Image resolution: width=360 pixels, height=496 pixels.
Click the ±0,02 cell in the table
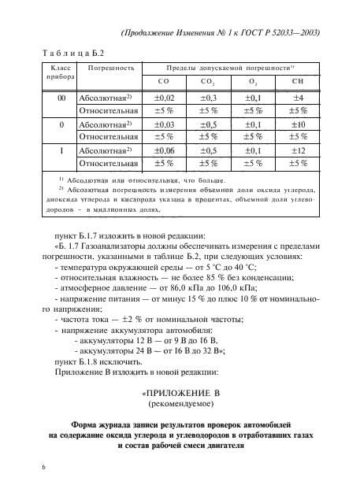click(x=163, y=98)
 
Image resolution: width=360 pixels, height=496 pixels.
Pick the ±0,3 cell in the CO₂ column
click(x=209, y=98)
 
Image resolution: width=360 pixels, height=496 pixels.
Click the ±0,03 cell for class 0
click(x=163, y=124)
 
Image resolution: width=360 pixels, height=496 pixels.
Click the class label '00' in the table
click(x=51, y=98)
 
